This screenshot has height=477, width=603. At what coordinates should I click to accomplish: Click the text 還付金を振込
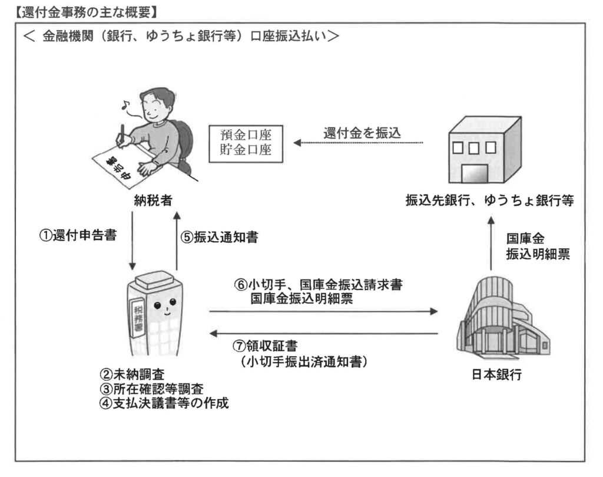(x=362, y=133)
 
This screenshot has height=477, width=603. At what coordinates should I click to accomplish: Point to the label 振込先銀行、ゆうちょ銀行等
(x=490, y=201)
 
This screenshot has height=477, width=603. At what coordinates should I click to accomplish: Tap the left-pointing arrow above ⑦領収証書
(x=324, y=334)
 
